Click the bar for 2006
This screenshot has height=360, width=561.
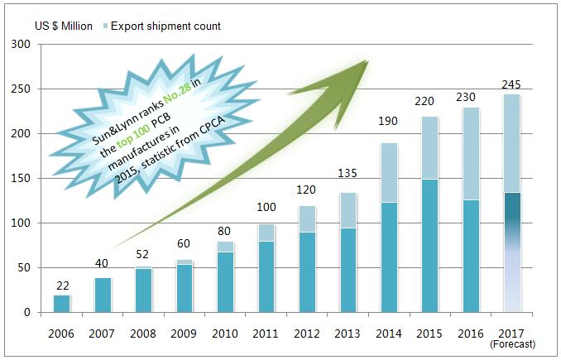(63, 304)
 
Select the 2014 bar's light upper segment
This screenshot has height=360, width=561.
(389, 172)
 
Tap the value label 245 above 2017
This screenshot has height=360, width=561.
(511, 84)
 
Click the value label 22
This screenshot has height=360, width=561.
(63, 286)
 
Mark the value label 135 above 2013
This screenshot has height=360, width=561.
(348, 174)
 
